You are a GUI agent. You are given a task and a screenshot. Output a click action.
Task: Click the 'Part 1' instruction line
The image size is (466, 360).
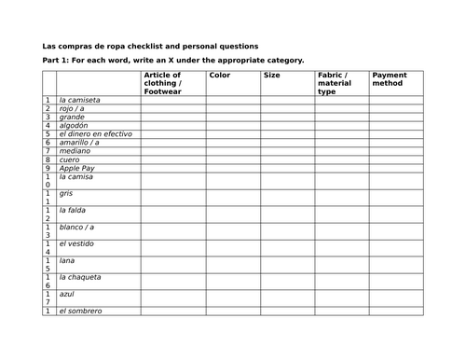click(x=173, y=61)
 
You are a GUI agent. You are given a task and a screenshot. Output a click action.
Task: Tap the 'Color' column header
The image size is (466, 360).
click(x=220, y=75)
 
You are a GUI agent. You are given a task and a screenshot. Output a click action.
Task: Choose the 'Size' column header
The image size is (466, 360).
click(x=272, y=75)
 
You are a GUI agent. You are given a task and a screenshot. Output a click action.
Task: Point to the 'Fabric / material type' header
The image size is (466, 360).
click(x=333, y=83)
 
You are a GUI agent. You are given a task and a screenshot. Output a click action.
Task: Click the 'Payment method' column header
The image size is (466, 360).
click(x=390, y=78)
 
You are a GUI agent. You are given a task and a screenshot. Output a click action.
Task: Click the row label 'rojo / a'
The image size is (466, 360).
click(x=73, y=108)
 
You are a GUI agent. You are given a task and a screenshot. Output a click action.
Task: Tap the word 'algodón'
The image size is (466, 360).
click(x=74, y=125)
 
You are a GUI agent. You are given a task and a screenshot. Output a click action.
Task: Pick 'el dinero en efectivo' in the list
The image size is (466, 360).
click(x=95, y=133)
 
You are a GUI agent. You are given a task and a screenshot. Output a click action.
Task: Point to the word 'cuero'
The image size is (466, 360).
click(x=70, y=159)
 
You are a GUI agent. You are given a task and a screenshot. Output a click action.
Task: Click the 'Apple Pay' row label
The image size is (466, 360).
click(x=75, y=168)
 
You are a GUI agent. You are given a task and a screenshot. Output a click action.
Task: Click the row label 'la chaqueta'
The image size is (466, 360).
click(x=79, y=277)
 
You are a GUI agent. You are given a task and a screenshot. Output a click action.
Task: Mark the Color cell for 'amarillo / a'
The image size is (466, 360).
click(x=233, y=142)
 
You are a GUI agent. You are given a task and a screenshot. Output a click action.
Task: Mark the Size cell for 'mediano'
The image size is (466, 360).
click(x=287, y=150)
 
